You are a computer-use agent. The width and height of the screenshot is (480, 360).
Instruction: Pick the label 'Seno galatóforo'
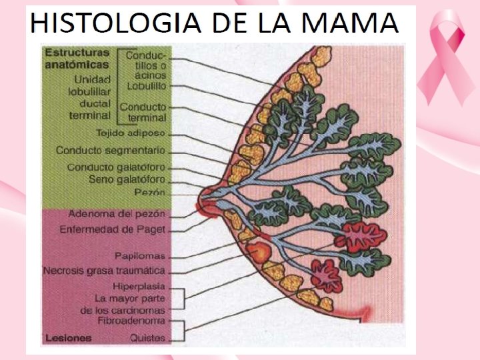pos(127,179)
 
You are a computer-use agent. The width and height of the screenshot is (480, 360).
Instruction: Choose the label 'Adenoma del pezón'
pos(117,214)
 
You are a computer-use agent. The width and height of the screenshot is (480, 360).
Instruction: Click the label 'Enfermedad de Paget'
pos(113,229)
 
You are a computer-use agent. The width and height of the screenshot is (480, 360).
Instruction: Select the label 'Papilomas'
pos(139,256)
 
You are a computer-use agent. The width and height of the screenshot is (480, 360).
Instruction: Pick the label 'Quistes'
pos(147,337)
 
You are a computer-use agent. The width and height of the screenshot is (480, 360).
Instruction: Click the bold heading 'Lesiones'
pos(69,338)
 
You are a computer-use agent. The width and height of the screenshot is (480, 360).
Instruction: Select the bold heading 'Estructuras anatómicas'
pos(75,58)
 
